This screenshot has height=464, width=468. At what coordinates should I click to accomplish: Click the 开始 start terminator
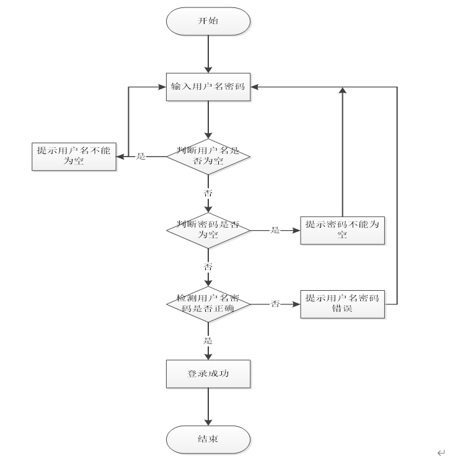coord(208,22)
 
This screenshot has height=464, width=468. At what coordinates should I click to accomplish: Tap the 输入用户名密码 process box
coord(208,88)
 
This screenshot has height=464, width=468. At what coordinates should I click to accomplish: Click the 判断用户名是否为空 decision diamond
coord(208,156)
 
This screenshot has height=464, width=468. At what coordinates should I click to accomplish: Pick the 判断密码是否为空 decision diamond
coord(208,230)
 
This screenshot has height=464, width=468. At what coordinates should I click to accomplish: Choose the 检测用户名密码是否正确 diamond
coord(208,304)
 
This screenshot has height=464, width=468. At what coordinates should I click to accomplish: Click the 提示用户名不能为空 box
coord(73,156)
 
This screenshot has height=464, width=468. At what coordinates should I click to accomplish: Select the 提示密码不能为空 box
coord(342,230)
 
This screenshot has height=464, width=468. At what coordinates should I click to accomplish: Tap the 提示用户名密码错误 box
coord(342,304)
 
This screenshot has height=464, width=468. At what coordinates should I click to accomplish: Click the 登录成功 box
coord(208,374)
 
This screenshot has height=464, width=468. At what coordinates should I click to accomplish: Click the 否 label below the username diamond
coord(208,193)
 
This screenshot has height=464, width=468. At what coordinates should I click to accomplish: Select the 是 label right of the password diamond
coord(275,230)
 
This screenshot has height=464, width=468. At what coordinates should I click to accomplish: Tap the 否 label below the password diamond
coord(208,267)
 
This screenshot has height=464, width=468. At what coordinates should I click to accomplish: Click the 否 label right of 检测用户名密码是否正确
coord(275,304)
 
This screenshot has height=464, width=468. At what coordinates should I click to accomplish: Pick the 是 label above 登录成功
coord(208,341)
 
